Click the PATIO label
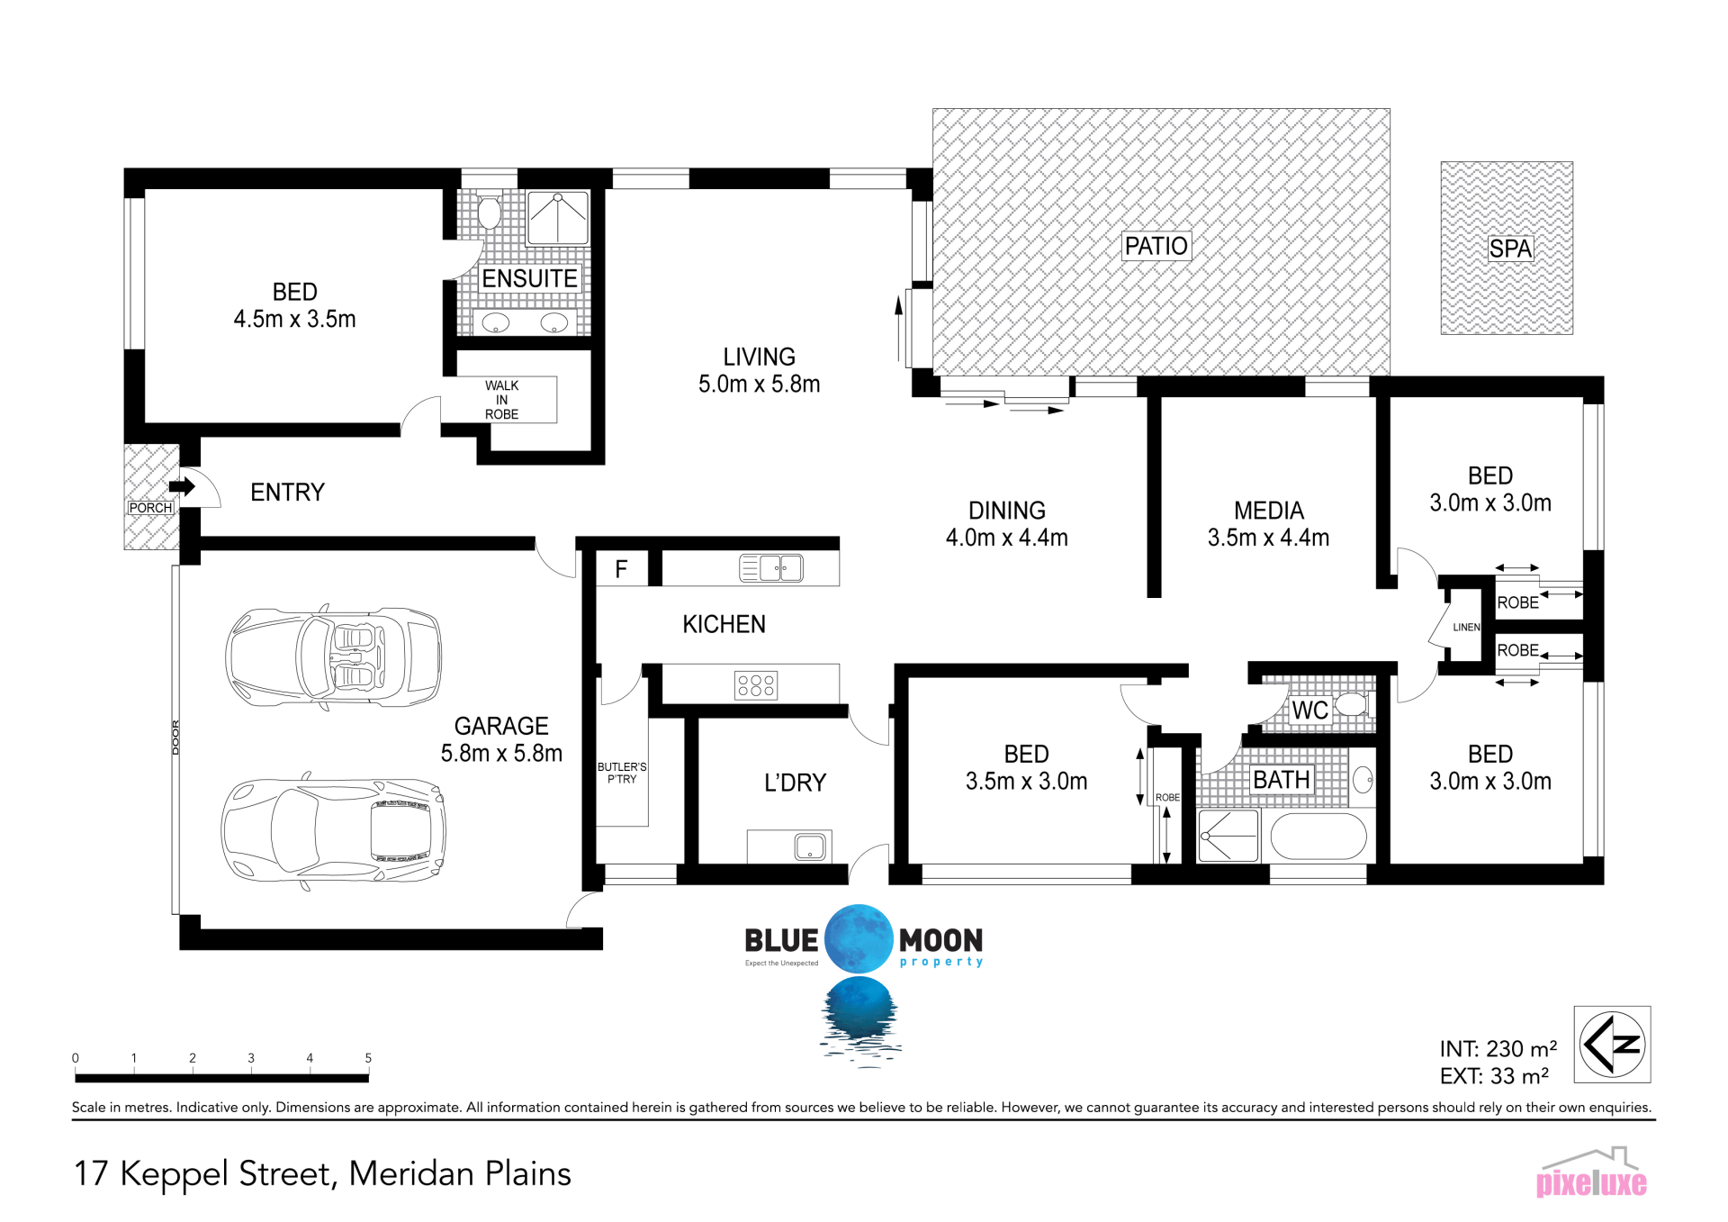point(1156,246)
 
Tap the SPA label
point(1509,249)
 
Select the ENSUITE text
point(529,279)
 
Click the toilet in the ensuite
point(489,212)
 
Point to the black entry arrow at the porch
point(183,487)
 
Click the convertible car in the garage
point(334,656)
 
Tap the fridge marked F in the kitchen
point(621,569)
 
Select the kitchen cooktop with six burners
point(756,685)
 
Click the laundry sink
point(810,846)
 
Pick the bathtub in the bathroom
point(1318,837)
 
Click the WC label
point(1309,711)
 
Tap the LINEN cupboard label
point(1466,628)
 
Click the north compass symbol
point(1612,1045)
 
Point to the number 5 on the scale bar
point(368,1058)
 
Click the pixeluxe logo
point(1591,1172)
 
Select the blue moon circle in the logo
point(859,938)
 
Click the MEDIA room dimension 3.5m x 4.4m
point(1268,538)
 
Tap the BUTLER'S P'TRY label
point(622,773)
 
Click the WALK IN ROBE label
point(501,400)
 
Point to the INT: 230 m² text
point(1498,1049)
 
